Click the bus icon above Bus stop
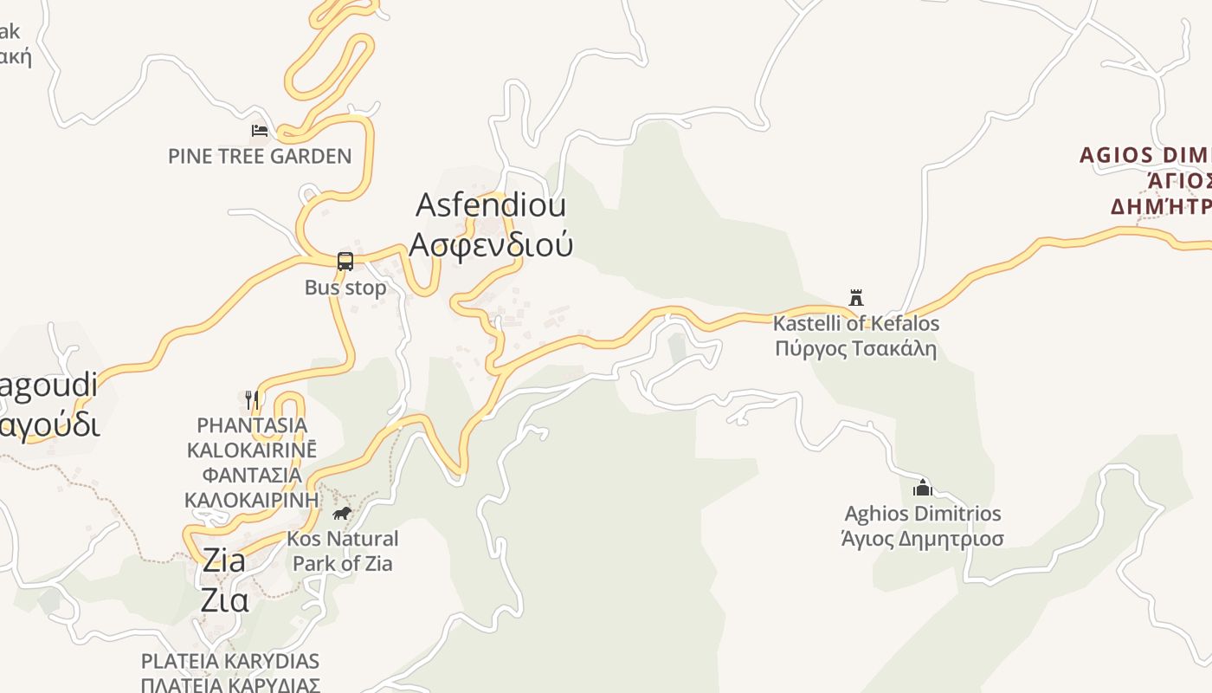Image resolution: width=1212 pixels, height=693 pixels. click(345, 261)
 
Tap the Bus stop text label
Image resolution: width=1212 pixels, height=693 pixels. click(345, 288)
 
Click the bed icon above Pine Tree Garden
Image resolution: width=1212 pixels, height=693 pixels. click(260, 131)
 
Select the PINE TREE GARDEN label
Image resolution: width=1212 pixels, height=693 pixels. click(260, 156)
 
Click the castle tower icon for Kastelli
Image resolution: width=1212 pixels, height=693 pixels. click(856, 298)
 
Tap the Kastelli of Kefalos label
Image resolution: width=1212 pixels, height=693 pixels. click(856, 323)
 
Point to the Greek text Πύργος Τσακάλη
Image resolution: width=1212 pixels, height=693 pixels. click(856, 348)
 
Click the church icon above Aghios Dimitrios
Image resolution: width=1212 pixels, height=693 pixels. click(923, 488)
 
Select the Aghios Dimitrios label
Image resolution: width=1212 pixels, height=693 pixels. click(923, 513)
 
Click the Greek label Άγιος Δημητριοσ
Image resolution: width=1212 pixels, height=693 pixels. click(923, 538)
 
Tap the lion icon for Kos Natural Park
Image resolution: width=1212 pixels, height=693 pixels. click(343, 513)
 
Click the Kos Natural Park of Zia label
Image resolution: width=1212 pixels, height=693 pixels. click(343, 551)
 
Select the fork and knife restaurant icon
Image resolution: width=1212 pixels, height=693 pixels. click(252, 399)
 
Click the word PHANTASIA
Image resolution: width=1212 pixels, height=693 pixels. click(252, 425)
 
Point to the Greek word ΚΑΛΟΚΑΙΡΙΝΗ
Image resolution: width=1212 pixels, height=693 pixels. click(252, 500)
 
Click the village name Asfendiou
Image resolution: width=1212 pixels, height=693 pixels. click(491, 205)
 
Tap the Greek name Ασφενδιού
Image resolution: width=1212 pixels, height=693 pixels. click(491, 244)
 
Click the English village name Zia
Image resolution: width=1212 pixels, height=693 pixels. click(224, 560)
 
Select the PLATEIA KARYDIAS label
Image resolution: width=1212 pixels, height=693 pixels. click(230, 661)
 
